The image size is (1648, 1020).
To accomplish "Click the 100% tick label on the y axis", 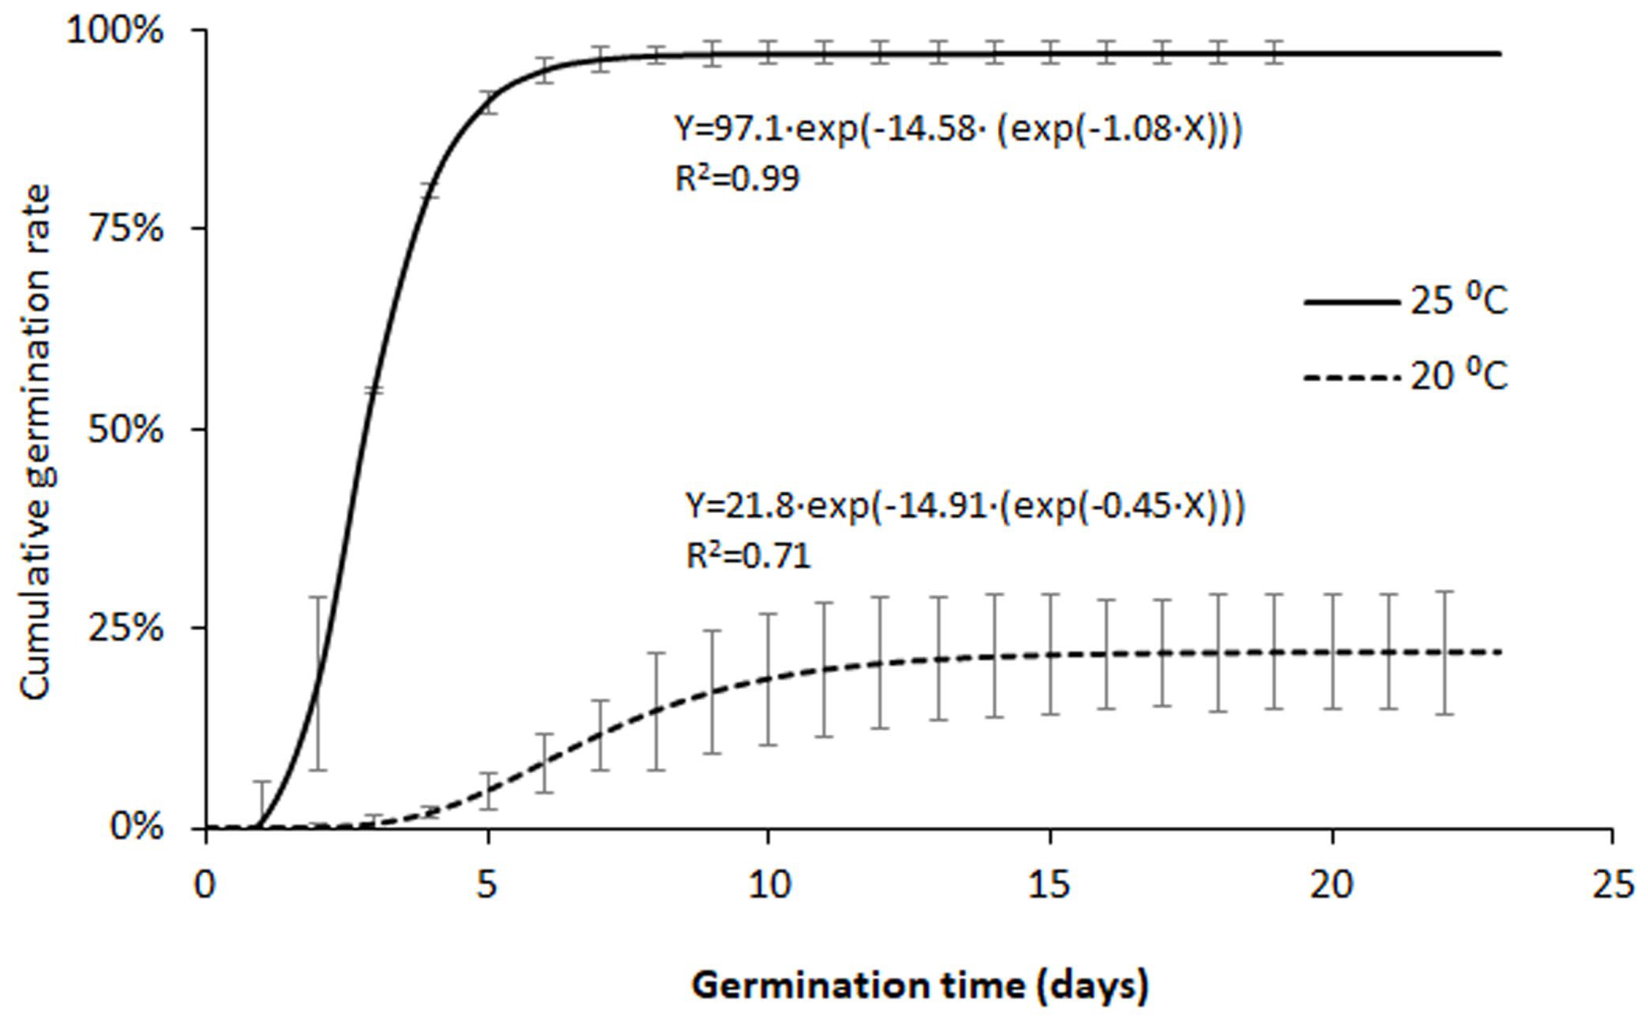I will point(115,32).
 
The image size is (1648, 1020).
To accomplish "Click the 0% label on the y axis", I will point(137,826).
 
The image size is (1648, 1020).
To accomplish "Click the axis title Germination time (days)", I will point(919,986).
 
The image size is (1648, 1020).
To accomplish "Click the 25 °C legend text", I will point(1458,301).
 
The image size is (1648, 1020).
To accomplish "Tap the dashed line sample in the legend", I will point(1351,377).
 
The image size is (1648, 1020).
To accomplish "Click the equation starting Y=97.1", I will point(958,130).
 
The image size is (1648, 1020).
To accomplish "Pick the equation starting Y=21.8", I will point(965,506).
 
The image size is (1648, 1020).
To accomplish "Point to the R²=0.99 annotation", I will point(737,179).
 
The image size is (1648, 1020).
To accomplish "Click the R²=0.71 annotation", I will point(748,557).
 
